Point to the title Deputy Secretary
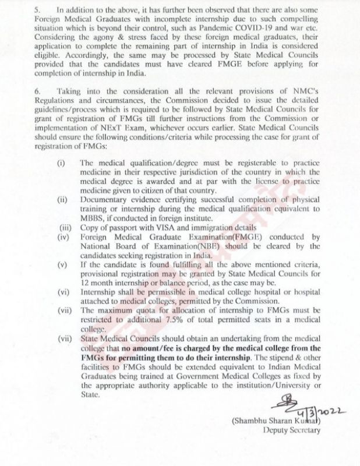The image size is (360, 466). tap(292, 432)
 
